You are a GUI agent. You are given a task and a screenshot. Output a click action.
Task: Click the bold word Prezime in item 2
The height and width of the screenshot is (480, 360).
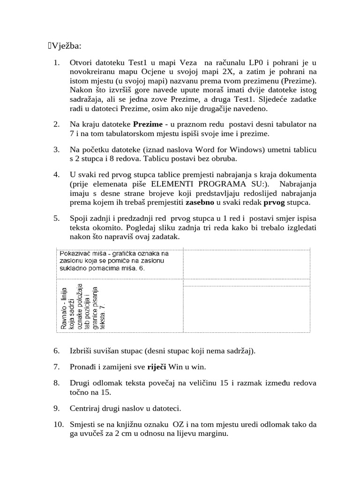[x=149, y=124]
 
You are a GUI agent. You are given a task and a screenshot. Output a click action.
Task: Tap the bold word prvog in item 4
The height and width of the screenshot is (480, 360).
[x=275, y=202]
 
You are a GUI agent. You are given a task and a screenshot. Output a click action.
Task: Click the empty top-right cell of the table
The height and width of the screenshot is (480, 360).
[x=246, y=264]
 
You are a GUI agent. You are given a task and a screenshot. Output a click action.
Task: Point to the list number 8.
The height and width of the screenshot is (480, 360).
[x=56, y=383]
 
